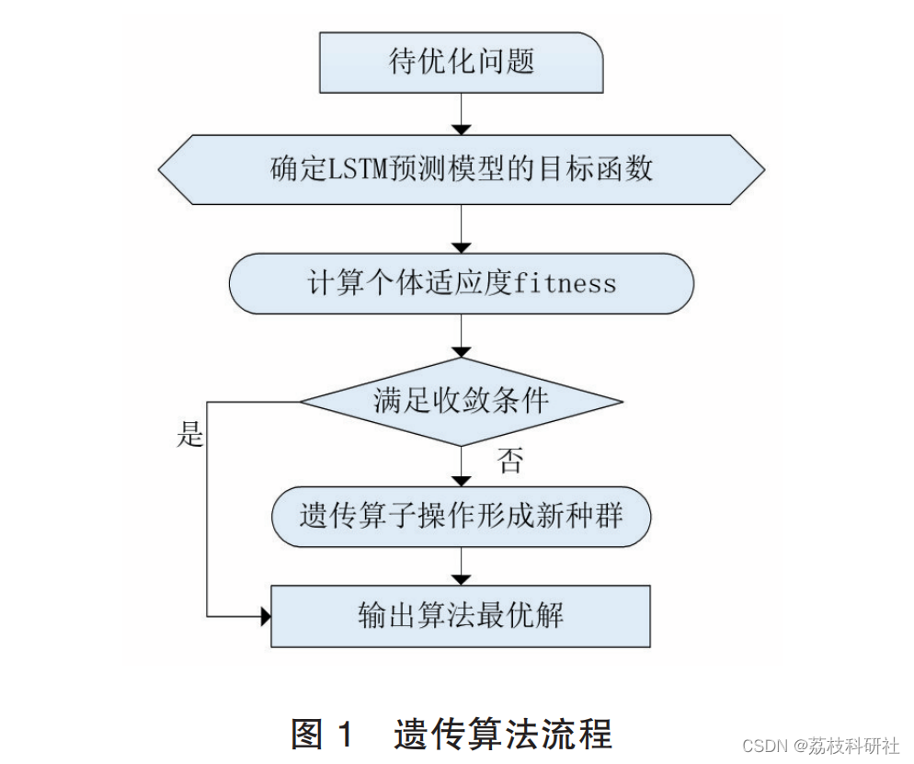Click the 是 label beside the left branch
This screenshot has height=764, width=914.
pos(189,434)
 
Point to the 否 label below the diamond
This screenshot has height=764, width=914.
pos(508,462)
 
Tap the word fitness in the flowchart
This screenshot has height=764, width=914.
pos(565,283)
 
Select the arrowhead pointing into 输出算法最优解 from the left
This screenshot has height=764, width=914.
pos(266,615)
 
